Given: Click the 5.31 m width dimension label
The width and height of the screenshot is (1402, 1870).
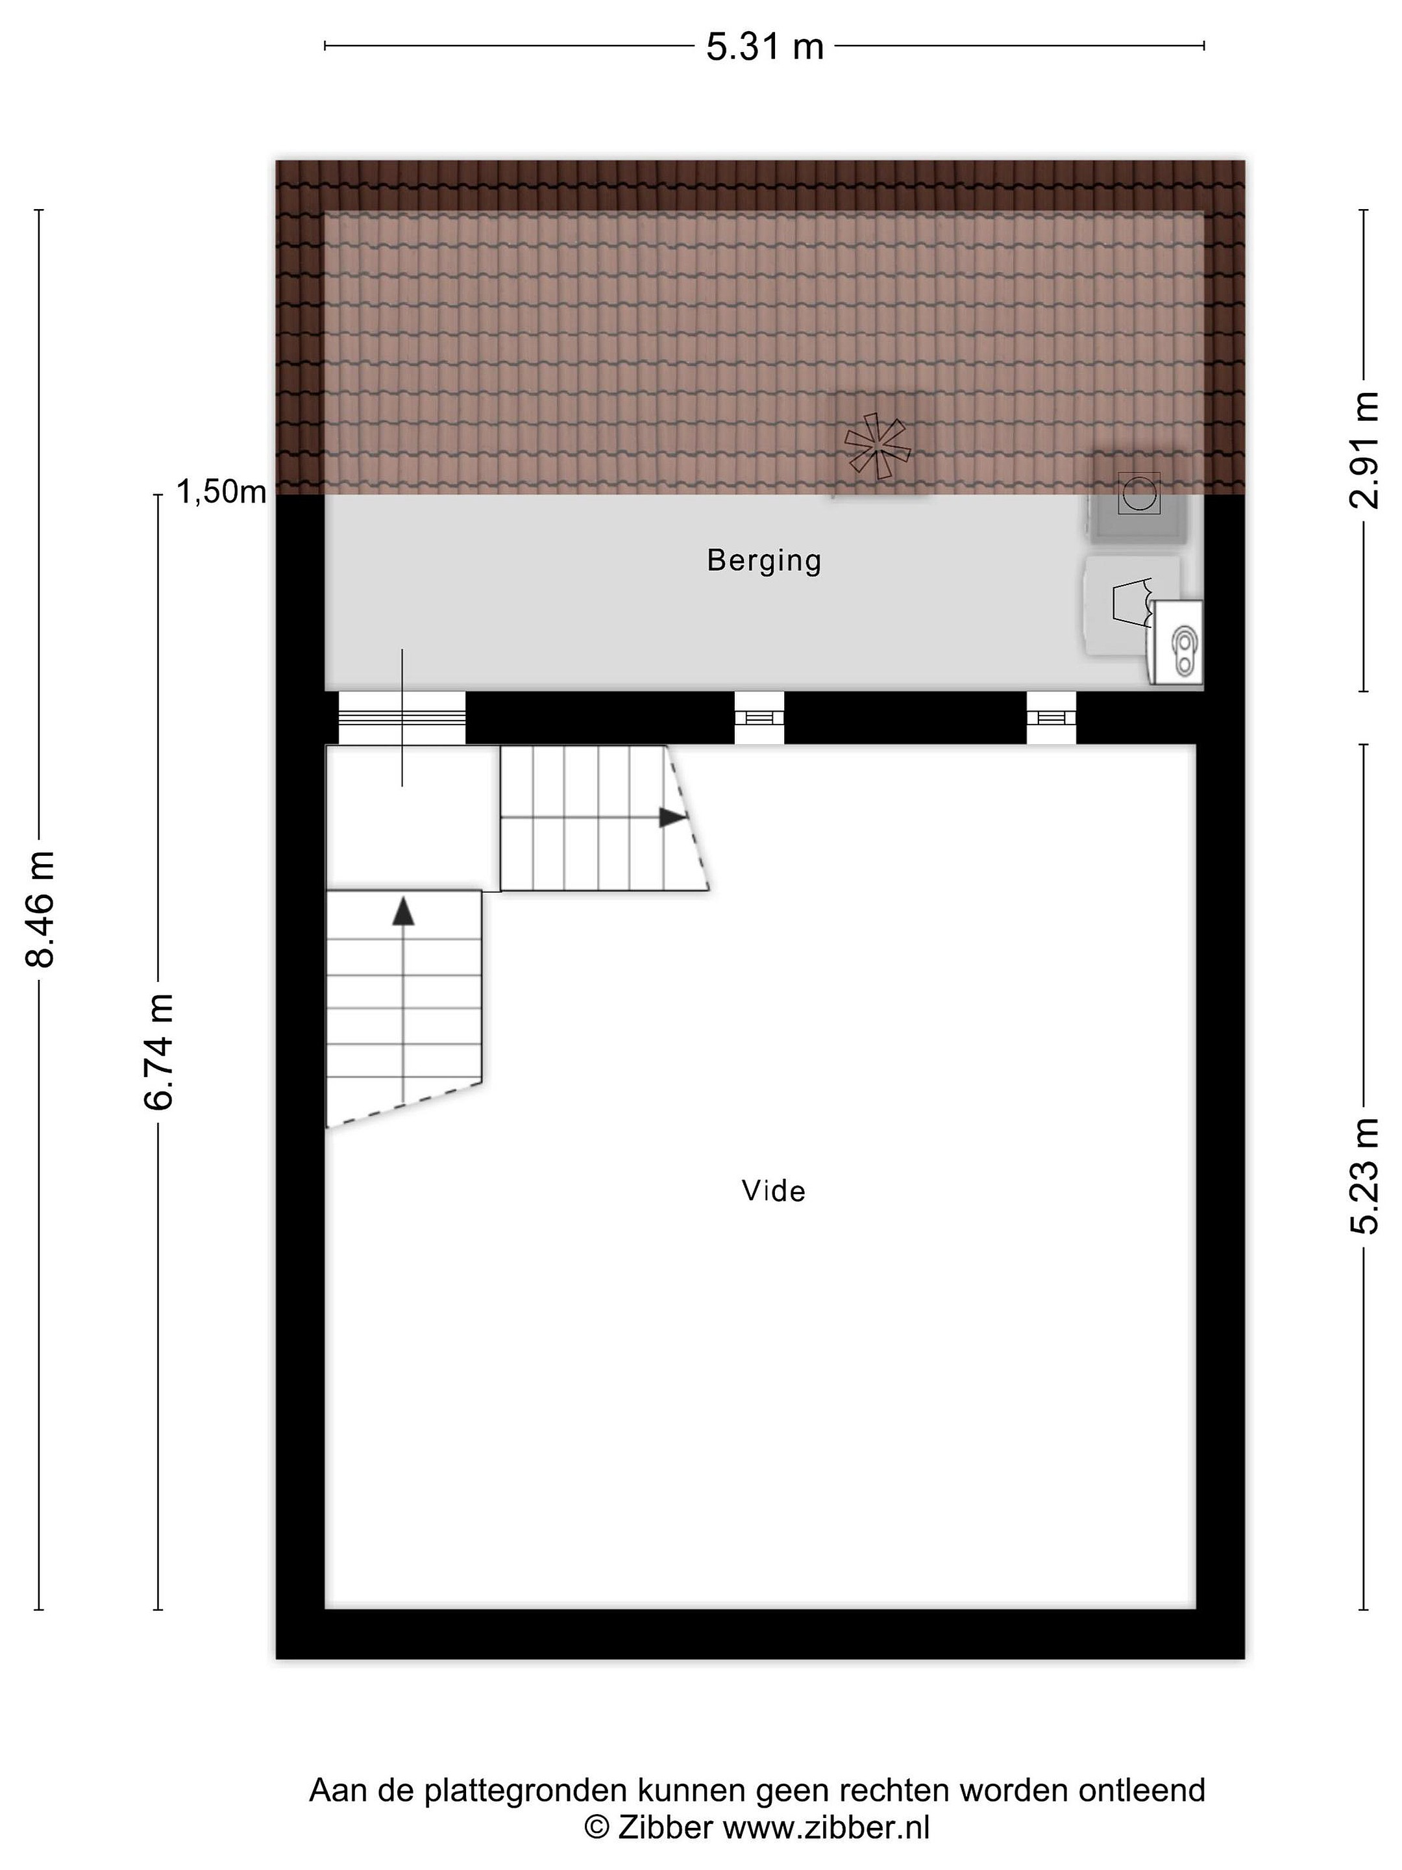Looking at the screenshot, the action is (x=765, y=47).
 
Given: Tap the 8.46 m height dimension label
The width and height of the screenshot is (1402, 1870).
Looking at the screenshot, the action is (x=40, y=910).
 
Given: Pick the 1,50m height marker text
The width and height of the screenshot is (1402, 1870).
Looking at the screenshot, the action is (x=221, y=492).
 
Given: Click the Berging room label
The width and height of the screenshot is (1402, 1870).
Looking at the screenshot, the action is (x=764, y=560).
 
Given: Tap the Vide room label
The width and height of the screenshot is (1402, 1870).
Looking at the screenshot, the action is (x=773, y=1191).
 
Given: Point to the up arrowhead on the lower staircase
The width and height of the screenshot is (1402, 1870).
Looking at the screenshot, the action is (x=404, y=912).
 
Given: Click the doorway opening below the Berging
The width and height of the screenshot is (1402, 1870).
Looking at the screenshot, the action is (x=402, y=717).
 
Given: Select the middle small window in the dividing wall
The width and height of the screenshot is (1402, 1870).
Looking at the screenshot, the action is (x=759, y=717).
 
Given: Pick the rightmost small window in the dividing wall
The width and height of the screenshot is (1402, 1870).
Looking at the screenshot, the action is (x=1051, y=717).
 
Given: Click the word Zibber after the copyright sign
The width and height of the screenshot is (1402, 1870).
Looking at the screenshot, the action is (x=666, y=1828).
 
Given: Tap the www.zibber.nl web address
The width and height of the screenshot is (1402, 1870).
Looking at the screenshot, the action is (x=826, y=1828).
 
